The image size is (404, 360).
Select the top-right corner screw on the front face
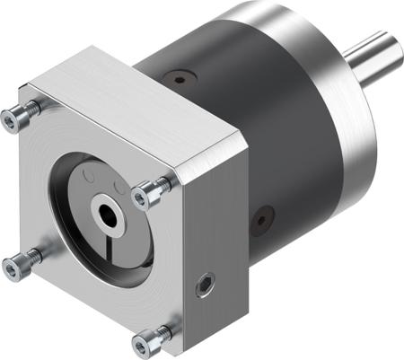click(151, 190)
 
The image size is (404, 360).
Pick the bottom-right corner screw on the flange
click(150, 338)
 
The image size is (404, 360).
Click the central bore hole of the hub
click(108, 215)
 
